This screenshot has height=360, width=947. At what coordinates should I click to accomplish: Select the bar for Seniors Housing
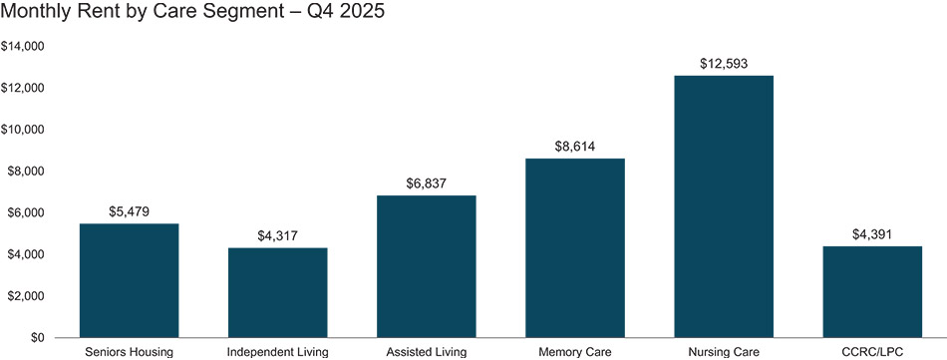(129, 280)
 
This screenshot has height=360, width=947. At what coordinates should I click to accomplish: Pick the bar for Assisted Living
(427, 266)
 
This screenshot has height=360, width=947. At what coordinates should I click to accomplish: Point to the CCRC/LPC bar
(872, 291)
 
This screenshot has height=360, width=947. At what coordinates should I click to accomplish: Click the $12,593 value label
(724, 65)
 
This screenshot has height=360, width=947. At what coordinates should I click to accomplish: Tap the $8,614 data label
(575, 147)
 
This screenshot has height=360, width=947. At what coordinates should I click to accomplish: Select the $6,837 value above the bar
(427, 183)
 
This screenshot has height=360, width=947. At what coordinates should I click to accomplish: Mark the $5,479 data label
(129, 211)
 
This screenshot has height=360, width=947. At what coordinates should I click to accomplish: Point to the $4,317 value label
(278, 236)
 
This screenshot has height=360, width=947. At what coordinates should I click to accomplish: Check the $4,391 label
(872, 234)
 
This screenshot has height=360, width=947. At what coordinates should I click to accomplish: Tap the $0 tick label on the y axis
(38, 338)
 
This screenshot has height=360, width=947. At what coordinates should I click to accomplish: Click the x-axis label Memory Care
(575, 352)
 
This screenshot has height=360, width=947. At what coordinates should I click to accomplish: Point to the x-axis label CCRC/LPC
(872, 352)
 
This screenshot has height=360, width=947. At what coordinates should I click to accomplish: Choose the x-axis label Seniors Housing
(129, 352)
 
